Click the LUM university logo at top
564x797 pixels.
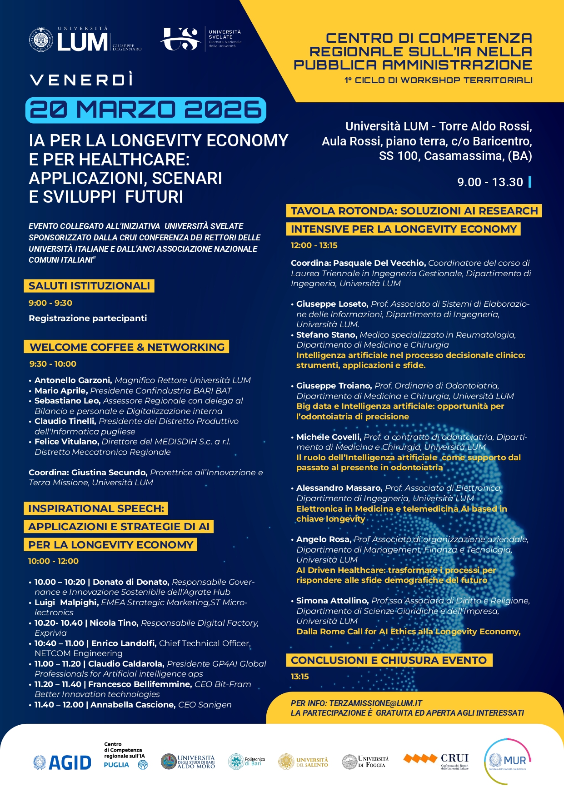point(85,40)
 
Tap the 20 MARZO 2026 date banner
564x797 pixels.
point(145,110)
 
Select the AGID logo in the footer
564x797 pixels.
point(62,762)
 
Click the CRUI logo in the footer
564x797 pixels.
point(436,761)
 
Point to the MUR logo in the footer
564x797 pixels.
point(508,761)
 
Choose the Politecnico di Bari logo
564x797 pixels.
point(247,762)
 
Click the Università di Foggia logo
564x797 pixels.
point(365,762)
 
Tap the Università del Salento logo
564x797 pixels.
point(303,762)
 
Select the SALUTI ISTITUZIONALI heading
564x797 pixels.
point(89,286)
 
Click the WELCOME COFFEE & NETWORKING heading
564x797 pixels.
point(127,347)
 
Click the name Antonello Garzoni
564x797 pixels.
point(73,380)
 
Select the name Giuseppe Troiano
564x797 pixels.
point(334,386)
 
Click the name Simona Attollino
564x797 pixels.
point(332,601)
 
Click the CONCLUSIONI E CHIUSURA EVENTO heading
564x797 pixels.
point(389,660)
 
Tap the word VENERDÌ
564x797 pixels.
point(82,80)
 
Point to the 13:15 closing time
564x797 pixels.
point(299,677)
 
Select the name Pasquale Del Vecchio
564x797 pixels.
point(379,263)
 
